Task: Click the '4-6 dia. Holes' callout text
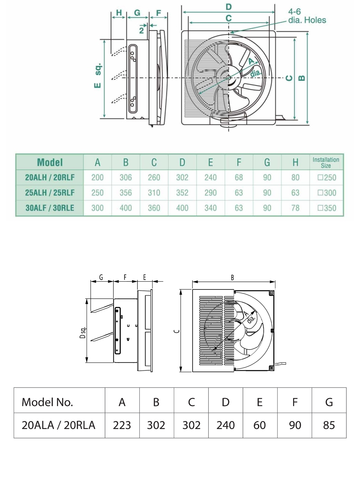[x=307, y=16]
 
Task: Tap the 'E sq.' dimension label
[x=98, y=76]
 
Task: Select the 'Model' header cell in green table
[x=50, y=162]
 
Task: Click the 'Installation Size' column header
[x=326, y=162]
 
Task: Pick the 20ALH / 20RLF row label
[x=50, y=177]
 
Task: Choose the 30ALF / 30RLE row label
[x=50, y=208]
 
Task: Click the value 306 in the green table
[x=125, y=177]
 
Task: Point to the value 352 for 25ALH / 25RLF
[x=182, y=193]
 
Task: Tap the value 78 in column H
[x=295, y=208]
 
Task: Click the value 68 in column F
[x=239, y=177]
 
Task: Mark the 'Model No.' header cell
[x=47, y=402]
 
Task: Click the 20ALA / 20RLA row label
[x=58, y=425]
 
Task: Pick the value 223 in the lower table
[x=122, y=425]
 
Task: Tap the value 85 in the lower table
[x=329, y=425]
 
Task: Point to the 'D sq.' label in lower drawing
[x=82, y=332]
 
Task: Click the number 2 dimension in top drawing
[x=141, y=30]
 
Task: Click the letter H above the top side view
[x=119, y=13]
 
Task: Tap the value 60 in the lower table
[x=260, y=425]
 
